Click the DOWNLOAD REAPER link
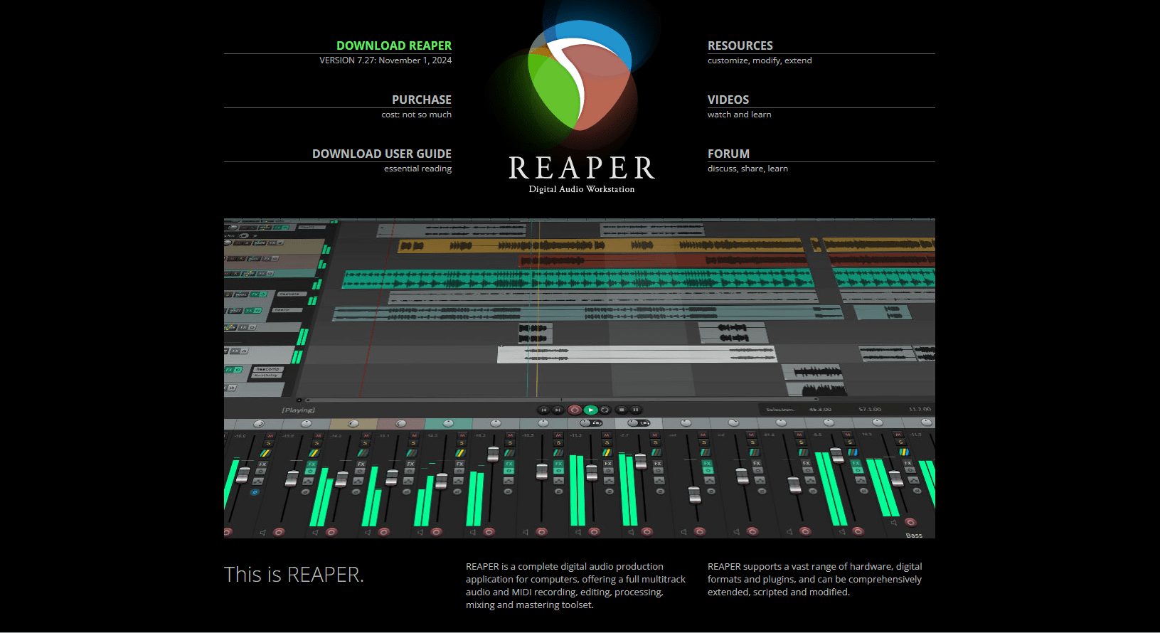tap(393, 46)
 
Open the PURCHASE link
tap(421, 100)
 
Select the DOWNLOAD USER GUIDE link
tap(381, 154)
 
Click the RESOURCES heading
tap(740, 46)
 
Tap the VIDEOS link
tap(728, 100)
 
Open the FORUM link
tap(728, 154)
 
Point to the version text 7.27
tap(366, 60)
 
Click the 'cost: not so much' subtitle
tap(416, 115)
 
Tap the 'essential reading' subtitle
tap(417, 169)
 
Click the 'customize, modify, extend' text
tap(759, 60)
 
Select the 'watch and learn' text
tap(739, 115)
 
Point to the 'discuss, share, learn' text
tap(747, 169)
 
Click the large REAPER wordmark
tap(582, 169)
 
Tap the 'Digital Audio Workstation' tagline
tap(582, 189)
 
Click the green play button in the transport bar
tap(590, 410)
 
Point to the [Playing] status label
tap(298, 410)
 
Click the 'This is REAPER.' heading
tap(294, 575)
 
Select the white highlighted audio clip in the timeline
tap(637, 353)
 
